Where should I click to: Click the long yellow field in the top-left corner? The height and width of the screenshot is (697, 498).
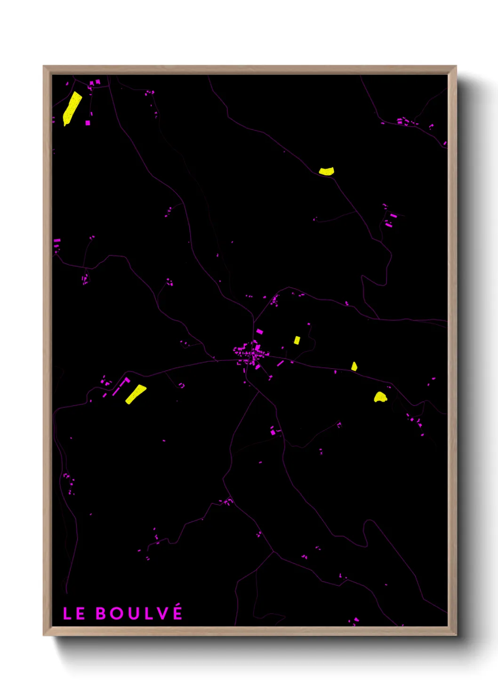[x=72, y=108]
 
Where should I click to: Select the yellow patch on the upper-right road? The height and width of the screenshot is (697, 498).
[x=326, y=171]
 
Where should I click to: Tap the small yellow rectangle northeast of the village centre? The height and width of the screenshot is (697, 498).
[x=297, y=340]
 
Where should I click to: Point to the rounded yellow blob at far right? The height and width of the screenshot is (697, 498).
[x=380, y=397]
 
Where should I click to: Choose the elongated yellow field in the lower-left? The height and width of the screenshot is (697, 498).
[x=136, y=394]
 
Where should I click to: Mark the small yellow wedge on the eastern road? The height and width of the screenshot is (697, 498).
[x=354, y=366]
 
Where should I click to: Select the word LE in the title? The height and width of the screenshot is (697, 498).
[x=74, y=613]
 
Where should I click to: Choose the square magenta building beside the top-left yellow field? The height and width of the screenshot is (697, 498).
[x=88, y=123]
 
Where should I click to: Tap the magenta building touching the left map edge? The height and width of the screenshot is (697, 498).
[x=57, y=241]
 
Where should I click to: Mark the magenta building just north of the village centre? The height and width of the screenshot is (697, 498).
[x=259, y=332]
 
